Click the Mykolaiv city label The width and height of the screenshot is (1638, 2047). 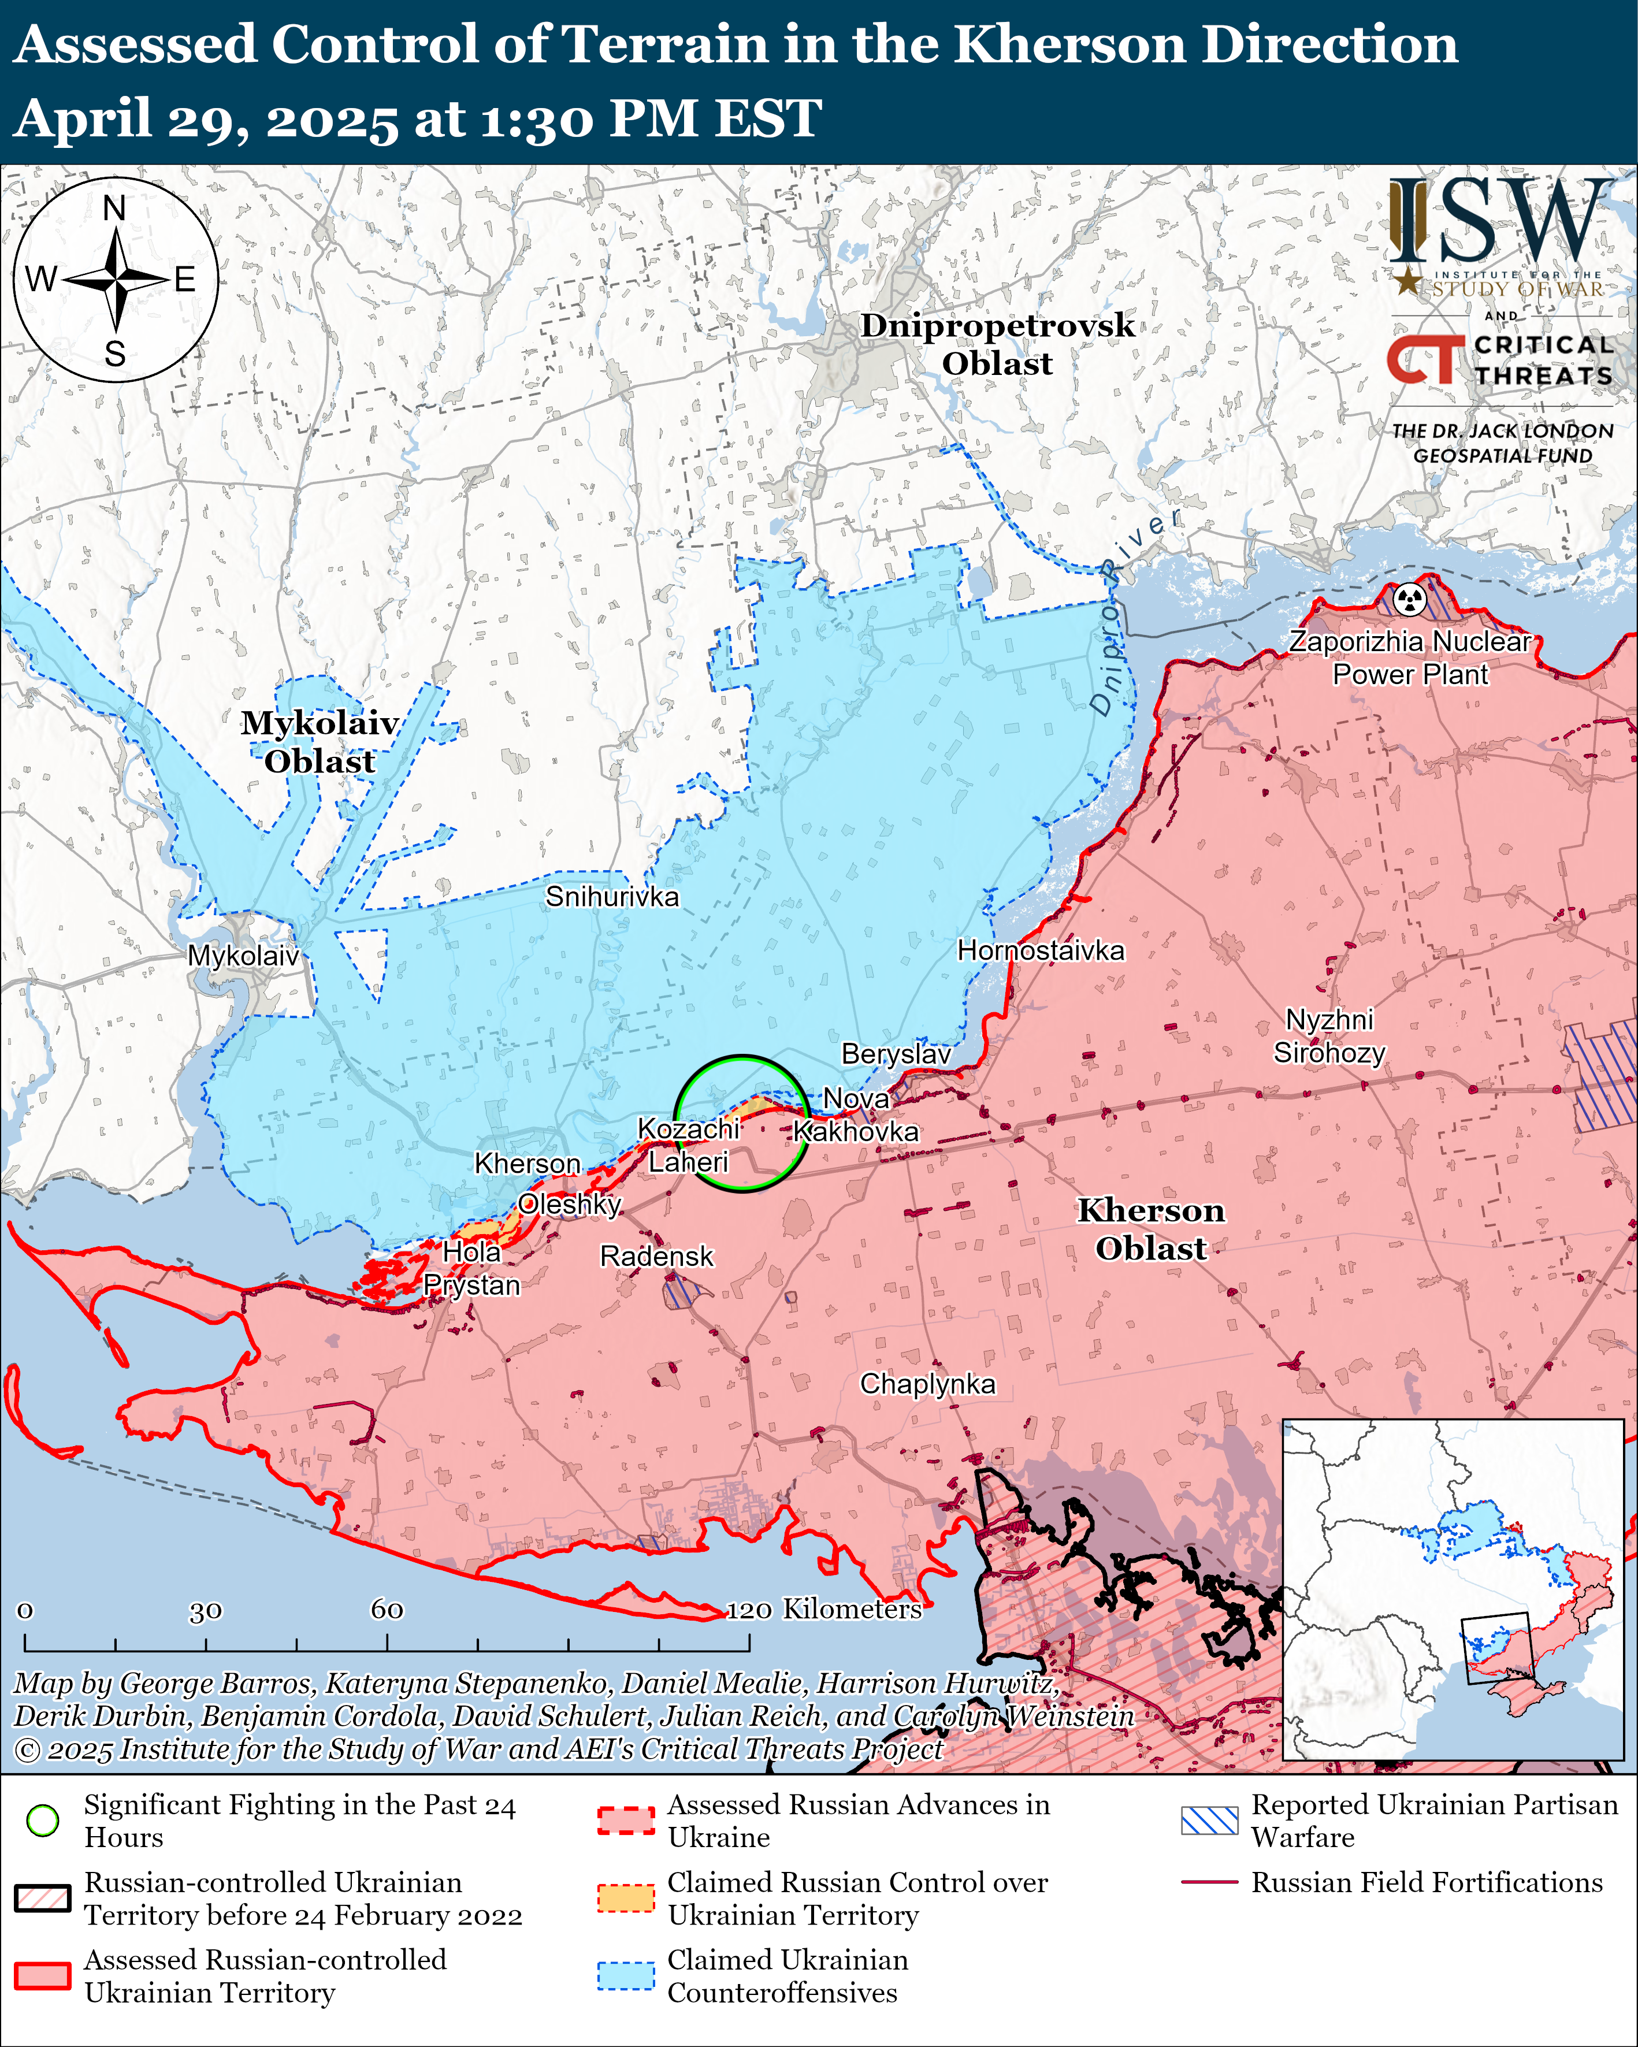(243, 955)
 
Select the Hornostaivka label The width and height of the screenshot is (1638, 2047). (1040, 950)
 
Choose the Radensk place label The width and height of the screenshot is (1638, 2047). (656, 1256)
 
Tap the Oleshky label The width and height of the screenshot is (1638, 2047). (570, 1204)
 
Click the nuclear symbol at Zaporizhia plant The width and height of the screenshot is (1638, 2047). (1410, 599)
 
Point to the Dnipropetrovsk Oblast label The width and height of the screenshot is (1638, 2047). (997, 344)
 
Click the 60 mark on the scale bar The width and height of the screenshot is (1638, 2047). (387, 1609)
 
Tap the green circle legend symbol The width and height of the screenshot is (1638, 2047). (43, 1820)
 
